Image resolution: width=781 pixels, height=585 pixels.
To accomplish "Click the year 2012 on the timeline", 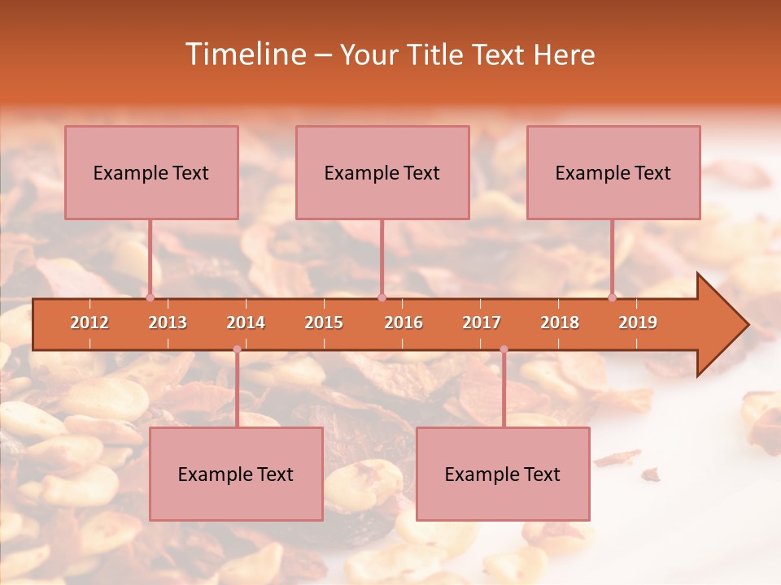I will click(x=89, y=323).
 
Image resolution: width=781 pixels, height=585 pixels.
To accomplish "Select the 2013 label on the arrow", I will click(x=168, y=323).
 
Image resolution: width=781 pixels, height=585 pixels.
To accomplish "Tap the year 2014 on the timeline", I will click(x=246, y=323).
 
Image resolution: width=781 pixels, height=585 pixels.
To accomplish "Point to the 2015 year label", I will click(x=324, y=323).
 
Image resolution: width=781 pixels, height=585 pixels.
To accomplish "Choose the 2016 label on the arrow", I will click(x=404, y=323).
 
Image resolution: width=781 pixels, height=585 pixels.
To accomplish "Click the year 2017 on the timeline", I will click(x=482, y=323).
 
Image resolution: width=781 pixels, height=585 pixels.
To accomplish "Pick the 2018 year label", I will click(x=560, y=323).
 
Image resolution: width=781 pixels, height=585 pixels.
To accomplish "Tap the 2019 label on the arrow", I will click(x=638, y=323).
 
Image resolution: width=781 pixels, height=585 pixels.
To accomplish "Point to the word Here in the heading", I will click(x=564, y=55).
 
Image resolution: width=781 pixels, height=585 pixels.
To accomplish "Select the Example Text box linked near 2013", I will click(x=151, y=172).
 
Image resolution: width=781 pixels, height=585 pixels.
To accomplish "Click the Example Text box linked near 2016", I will click(x=382, y=172).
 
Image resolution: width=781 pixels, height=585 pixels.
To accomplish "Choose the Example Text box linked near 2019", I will click(x=613, y=172).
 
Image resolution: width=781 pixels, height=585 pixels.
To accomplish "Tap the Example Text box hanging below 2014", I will click(x=236, y=474).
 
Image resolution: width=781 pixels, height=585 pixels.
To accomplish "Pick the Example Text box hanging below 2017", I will click(x=503, y=474).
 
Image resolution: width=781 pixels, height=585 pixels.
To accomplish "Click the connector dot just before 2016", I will click(x=382, y=297).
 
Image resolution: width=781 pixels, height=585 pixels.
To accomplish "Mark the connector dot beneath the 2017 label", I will click(x=504, y=349).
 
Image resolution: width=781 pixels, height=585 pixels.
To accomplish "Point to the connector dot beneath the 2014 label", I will click(x=237, y=349).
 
